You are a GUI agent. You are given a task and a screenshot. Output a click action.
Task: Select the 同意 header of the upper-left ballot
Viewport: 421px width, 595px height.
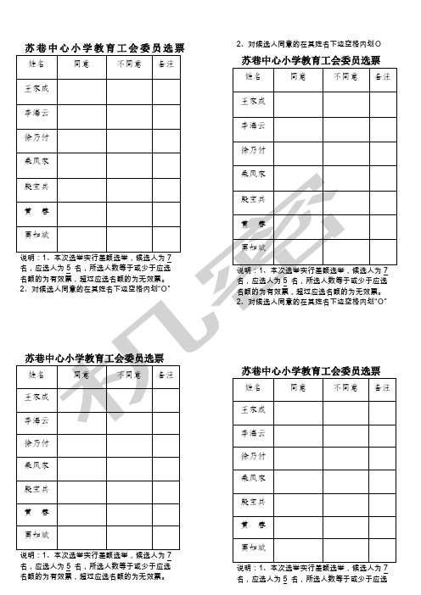pos(82,65)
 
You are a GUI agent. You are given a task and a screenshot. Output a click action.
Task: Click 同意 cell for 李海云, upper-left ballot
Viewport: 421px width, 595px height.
pos(81,113)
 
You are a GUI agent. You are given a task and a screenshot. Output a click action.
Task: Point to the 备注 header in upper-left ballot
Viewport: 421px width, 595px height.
pos(166,65)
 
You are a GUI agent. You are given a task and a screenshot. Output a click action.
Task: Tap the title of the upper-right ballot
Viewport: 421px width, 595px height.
pos(312,60)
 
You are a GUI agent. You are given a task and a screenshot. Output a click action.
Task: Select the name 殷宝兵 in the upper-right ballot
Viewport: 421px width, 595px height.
pos(254,198)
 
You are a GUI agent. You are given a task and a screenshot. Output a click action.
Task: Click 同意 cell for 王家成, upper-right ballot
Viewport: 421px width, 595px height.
pos(297,101)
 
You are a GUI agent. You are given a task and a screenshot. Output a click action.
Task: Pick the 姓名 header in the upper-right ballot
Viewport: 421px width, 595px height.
pos(254,76)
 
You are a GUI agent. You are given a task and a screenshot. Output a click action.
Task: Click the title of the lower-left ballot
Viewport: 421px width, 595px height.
pos(94,357)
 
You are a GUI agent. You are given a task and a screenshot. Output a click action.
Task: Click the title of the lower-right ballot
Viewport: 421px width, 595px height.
pos(311,370)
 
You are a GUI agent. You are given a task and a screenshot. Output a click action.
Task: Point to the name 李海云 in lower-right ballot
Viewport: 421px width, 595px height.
pos(254,433)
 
